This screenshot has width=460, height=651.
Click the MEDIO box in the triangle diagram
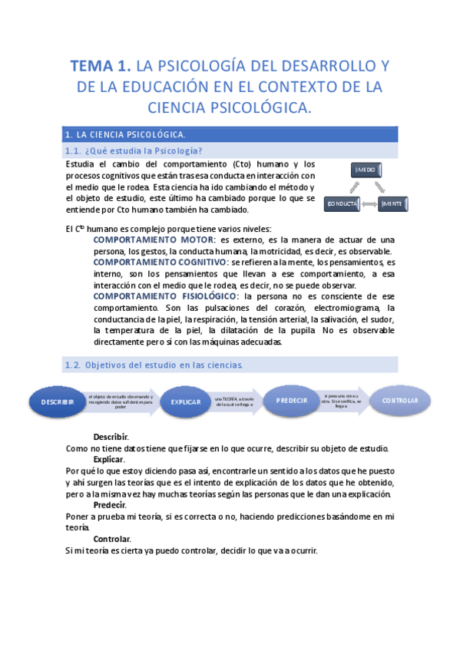[366, 170]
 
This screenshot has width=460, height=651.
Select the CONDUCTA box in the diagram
[342, 204]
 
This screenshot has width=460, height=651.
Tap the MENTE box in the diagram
[392, 204]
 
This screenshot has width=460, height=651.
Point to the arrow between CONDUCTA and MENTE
[368, 204]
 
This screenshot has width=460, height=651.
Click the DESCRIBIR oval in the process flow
[58, 402]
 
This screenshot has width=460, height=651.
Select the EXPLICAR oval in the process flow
[185, 402]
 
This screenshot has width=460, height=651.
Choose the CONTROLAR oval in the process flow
[400, 400]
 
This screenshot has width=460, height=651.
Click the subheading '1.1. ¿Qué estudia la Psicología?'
[134, 150]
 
